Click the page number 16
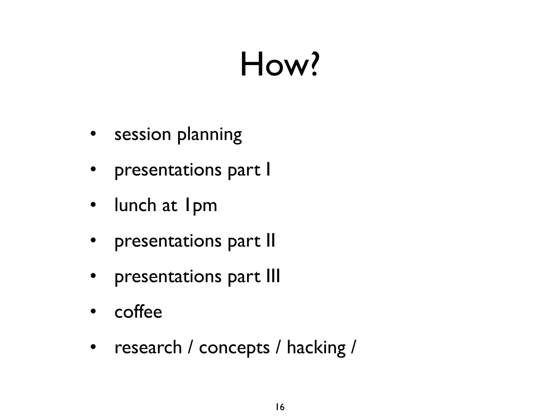click(x=280, y=407)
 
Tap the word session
click(x=142, y=135)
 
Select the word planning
click(x=209, y=135)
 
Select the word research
click(x=148, y=348)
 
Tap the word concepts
click(x=234, y=348)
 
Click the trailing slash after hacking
click(x=354, y=348)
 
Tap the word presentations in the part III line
click(x=168, y=277)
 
